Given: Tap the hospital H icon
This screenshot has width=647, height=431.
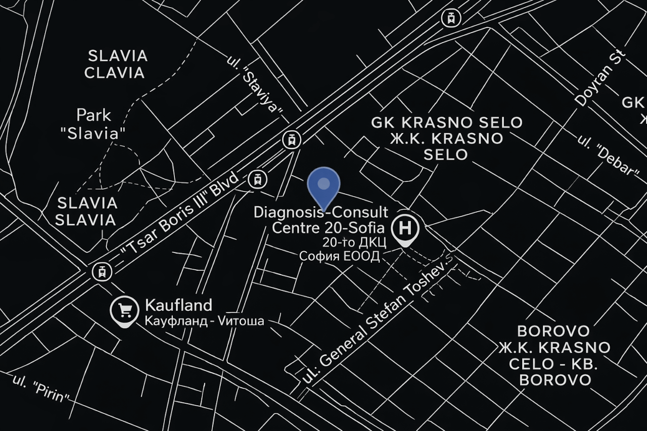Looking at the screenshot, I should click(405, 228).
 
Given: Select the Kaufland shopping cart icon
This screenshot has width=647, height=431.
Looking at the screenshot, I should click(124, 309).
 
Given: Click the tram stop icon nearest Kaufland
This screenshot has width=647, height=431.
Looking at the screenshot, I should click(102, 272).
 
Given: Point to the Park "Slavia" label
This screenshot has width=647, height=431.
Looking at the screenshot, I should click(93, 124).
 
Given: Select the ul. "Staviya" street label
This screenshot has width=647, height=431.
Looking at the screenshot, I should click(255, 85).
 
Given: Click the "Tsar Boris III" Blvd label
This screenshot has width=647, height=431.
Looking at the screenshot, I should click(179, 215).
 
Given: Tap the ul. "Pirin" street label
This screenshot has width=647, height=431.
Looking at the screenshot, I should click(41, 389).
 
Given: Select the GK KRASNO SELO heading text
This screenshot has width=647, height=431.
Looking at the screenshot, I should click(447, 123).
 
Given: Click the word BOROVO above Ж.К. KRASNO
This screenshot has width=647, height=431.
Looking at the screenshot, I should click(553, 331).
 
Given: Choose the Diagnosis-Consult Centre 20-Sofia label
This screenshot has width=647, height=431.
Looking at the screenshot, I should click(320, 219).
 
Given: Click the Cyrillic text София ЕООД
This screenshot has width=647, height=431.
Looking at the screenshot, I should click(339, 256).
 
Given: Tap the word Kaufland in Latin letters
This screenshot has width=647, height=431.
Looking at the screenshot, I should click(178, 305).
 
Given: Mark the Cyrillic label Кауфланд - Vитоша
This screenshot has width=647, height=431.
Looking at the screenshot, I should click(204, 321).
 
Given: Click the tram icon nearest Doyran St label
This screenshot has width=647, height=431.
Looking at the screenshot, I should click(451, 19).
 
